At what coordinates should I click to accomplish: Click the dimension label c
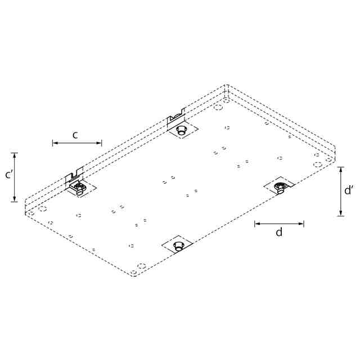(75, 136)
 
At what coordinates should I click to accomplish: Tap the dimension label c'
(9, 175)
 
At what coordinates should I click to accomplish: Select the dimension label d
(279, 232)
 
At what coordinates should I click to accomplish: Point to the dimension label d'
(349, 190)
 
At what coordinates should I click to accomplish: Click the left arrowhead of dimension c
(55, 143)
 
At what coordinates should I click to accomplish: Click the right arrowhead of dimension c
(99, 143)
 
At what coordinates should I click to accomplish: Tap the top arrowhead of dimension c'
(15, 156)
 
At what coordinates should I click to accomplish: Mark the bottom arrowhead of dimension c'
(15, 199)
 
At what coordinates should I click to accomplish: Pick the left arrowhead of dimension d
(258, 223)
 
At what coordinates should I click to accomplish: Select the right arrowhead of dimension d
(301, 223)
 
